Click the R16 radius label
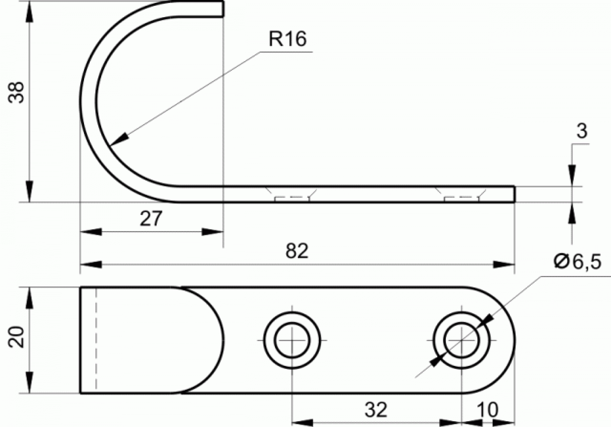pos(288,39)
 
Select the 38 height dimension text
pos(16,92)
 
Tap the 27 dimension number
pos(151,218)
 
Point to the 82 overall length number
pos(297,251)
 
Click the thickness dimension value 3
pos(582,131)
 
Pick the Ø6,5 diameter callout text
pos(577,262)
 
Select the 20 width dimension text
pos(16,337)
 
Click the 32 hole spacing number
pos(376,410)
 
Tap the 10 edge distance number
pos(488,410)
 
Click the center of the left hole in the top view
pos(292,340)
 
